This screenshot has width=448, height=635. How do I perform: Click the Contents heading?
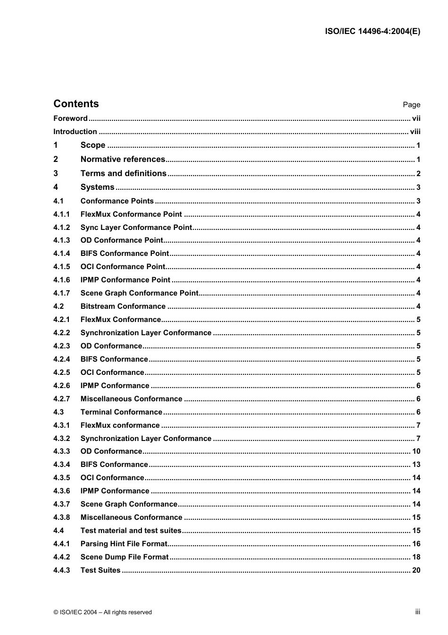point(76,104)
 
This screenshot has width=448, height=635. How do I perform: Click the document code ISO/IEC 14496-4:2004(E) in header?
point(373,32)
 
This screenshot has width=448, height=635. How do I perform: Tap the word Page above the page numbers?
point(411,105)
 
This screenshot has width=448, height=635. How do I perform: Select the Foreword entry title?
point(70,119)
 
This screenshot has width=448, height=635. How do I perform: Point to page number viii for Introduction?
point(415,132)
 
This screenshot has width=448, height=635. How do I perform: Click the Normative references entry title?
point(123,160)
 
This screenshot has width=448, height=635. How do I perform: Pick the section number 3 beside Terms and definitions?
point(56,173)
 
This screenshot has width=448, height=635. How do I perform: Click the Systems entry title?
point(98,187)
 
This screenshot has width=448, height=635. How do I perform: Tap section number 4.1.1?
point(61,214)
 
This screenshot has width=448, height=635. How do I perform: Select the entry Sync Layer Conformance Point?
point(136,228)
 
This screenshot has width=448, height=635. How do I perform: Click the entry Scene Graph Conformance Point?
point(139,293)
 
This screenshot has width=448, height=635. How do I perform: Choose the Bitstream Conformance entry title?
point(123,306)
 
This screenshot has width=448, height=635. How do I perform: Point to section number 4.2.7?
point(61,399)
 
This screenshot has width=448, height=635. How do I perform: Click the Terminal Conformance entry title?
point(121,412)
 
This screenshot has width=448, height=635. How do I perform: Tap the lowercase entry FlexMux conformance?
point(120,425)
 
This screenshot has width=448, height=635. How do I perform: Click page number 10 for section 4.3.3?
point(416,451)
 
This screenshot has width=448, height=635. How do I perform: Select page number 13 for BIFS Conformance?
point(416,465)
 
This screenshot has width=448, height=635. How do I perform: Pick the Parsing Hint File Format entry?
point(124,544)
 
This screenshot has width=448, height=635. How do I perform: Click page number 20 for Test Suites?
point(416,570)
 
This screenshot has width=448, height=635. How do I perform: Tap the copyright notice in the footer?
point(103,612)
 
